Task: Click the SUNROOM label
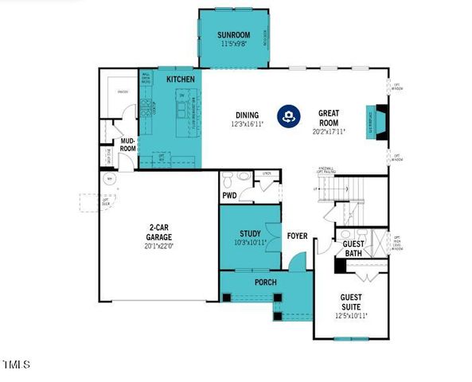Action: pyautogui.click(x=233, y=35)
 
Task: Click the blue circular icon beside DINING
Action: pyautogui.click(x=287, y=116)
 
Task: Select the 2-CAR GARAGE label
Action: pyautogui.click(x=159, y=232)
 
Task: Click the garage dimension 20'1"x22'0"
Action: pyautogui.click(x=159, y=247)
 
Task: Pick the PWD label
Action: pyautogui.click(x=229, y=194)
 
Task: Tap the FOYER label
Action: pyautogui.click(x=298, y=236)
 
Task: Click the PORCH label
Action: pyautogui.click(x=265, y=283)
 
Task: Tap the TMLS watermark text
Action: pyautogui.click(x=16, y=365)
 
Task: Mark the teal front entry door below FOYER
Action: pyautogui.click(x=297, y=260)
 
